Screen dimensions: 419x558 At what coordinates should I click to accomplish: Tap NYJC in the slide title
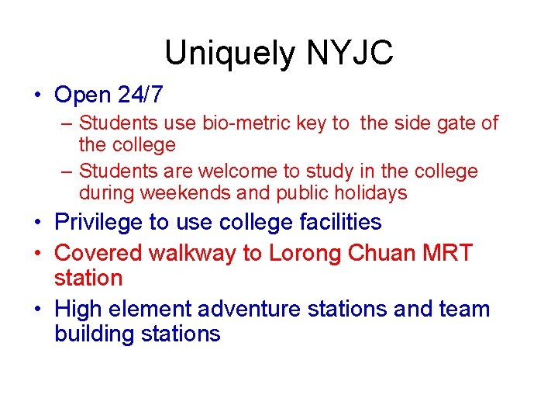tap(350, 54)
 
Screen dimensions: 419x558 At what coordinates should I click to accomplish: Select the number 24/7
tap(141, 95)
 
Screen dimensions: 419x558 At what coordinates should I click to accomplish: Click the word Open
tap(83, 95)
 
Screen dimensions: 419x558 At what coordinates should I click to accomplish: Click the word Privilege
tap(101, 223)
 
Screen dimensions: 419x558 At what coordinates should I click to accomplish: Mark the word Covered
tap(101, 253)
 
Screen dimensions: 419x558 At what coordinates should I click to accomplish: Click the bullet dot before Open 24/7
tap(37, 96)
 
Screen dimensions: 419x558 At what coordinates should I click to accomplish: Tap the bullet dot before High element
tap(37, 310)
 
